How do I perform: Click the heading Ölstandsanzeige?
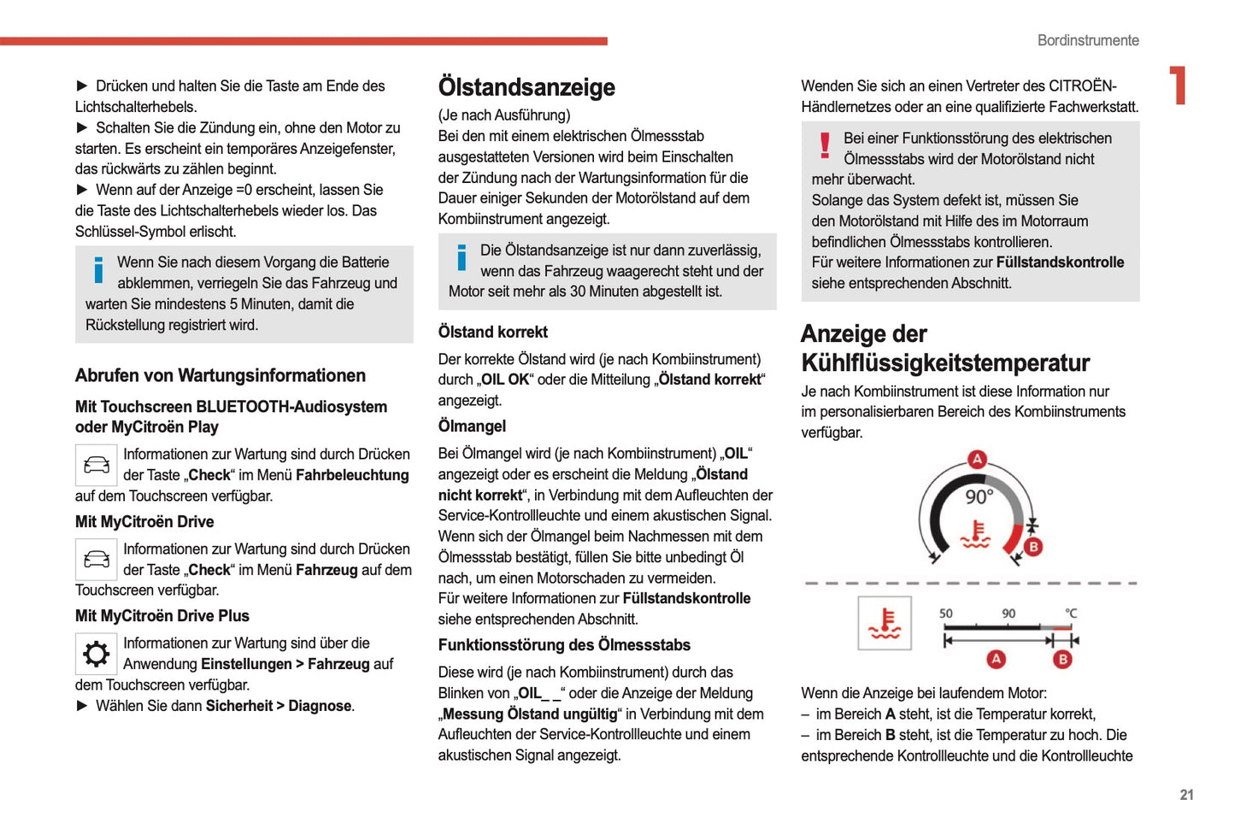coord(526,87)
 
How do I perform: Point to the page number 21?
coord(1186,795)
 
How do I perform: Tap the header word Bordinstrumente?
coord(1087,40)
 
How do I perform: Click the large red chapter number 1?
coord(1179,85)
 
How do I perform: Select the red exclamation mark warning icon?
coord(825,145)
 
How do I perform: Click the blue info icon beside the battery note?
coord(98,270)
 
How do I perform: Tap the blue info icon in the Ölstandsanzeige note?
coord(462,257)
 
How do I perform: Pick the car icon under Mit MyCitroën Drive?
coord(96,560)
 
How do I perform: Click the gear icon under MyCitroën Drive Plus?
coord(96,654)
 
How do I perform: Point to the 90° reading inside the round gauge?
coord(979,497)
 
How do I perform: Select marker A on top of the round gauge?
coord(977,459)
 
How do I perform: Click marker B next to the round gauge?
coord(1032,547)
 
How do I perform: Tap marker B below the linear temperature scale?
coord(1062,659)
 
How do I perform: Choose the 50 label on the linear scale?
coord(945,614)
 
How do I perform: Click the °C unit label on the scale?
coord(1071,614)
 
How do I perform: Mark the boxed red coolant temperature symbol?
coord(885,624)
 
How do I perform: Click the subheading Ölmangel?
coord(472,426)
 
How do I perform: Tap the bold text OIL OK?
coord(505,379)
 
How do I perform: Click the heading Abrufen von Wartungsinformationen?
coord(220,375)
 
